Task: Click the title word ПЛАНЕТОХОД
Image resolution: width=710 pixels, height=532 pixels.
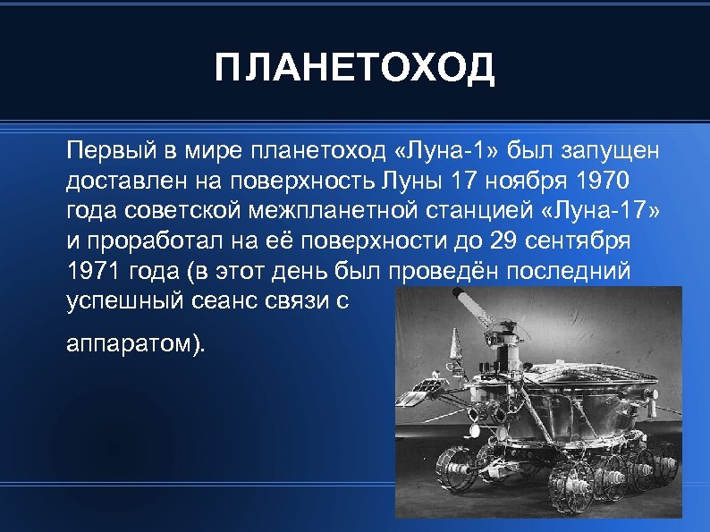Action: coord(354,68)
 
